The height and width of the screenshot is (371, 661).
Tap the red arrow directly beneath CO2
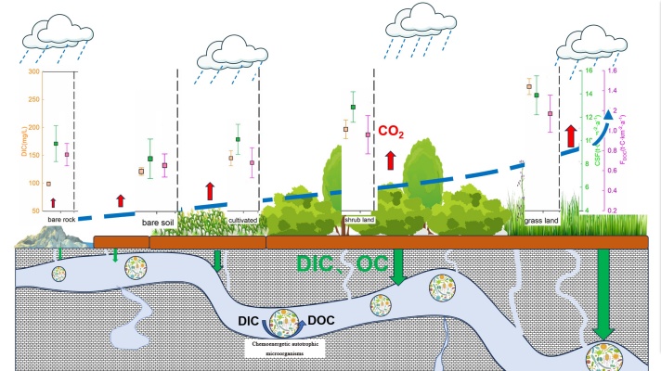(x=390, y=159)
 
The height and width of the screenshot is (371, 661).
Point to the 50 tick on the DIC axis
(x=35, y=211)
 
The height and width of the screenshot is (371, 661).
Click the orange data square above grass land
(x=529, y=87)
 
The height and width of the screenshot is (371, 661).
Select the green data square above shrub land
(x=354, y=108)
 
